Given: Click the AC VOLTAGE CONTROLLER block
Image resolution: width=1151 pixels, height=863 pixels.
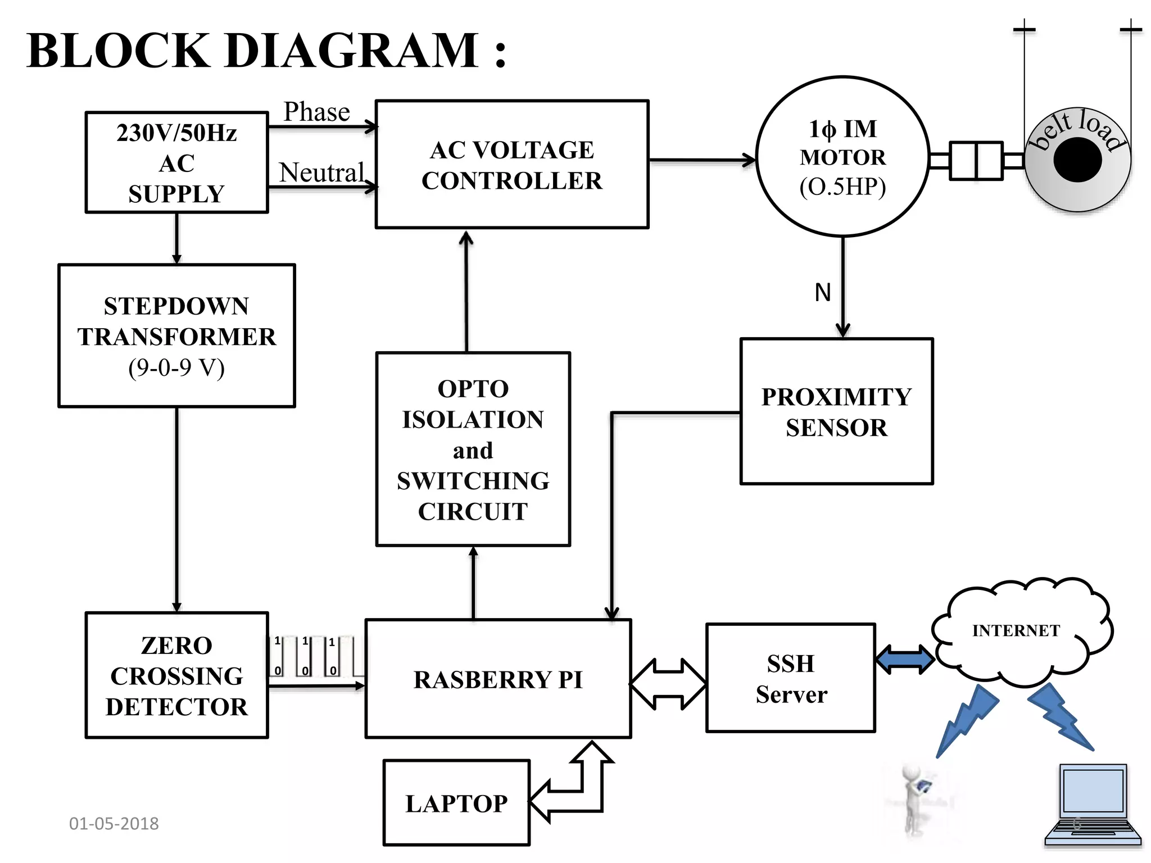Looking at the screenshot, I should (511, 164).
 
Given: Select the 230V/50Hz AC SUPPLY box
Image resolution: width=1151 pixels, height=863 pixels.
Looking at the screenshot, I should (176, 162).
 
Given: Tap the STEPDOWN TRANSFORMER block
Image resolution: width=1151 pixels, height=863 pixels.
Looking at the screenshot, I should (176, 335).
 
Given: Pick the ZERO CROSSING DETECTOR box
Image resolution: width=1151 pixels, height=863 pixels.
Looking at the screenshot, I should (176, 675).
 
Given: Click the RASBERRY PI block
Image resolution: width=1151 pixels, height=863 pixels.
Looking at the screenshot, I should (498, 679).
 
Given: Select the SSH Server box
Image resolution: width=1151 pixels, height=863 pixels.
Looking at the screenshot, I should (790, 678).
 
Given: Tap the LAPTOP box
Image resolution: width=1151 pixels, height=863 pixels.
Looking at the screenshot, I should (456, 802).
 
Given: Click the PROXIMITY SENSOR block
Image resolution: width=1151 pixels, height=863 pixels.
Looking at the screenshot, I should (836, 411).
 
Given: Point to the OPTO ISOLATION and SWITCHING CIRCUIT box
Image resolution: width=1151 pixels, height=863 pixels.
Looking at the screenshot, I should (473, 449).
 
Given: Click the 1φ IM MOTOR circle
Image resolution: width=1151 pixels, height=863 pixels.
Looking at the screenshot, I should (842, 157).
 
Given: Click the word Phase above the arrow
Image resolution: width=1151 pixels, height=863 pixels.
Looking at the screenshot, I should (316, 112).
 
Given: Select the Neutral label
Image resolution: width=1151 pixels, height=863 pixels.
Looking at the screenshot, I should (321, 172).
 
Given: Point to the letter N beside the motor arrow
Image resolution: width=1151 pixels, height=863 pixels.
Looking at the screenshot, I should (823, 292).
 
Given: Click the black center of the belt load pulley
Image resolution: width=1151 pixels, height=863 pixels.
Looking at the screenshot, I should (1077, 160).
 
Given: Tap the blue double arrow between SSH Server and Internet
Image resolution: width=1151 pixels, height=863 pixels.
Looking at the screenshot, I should (905, 659).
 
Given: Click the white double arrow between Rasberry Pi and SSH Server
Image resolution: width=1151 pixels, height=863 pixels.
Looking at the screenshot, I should (668, 684).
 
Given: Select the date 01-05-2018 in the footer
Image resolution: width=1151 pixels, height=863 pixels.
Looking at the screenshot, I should (114, 823).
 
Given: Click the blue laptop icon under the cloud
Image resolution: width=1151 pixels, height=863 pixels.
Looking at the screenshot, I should (1093, 805).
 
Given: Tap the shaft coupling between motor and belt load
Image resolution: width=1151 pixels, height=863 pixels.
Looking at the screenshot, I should (976, 161).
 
